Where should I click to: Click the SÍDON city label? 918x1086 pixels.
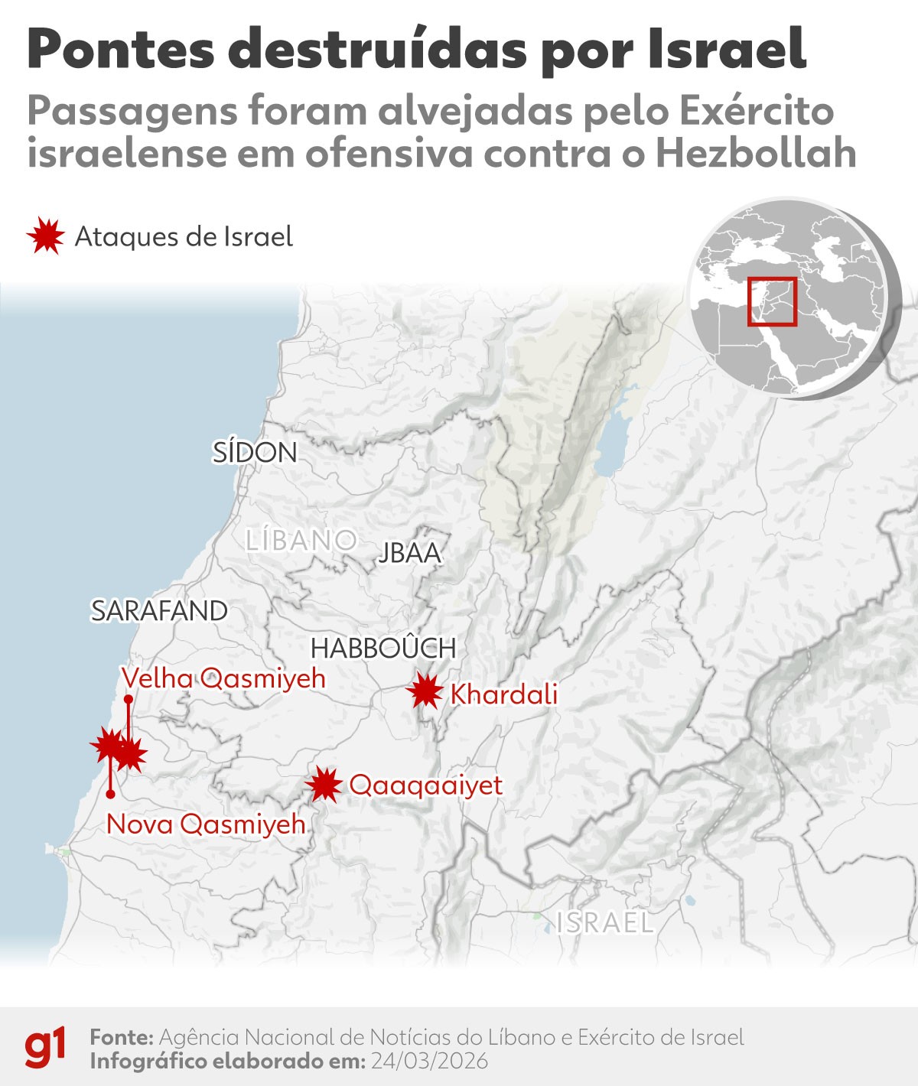point(255,453)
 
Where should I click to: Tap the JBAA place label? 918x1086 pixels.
point(410,553)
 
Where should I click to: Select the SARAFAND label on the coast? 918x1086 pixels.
point(159,611)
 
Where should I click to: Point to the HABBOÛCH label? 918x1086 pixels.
point(383,649)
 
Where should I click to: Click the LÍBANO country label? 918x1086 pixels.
point(301,541)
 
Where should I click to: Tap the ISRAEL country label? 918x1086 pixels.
point(605,923)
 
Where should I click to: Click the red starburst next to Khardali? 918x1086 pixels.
point(425,693)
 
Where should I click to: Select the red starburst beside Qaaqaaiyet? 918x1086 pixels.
point(324,785)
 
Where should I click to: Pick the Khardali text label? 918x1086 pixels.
point(504,694)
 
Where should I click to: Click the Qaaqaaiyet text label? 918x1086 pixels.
point(425,785)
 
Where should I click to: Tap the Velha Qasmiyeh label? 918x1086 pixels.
point(223,678)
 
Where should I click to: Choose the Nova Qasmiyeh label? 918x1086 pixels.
point(206,824)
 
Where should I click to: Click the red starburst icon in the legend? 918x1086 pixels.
point(45,236)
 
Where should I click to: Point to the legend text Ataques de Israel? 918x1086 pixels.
point(184,237)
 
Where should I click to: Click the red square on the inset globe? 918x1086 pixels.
point(772,301)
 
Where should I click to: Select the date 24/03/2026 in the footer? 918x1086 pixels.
point(429,1062)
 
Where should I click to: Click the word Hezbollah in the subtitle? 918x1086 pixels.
point(755,153)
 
